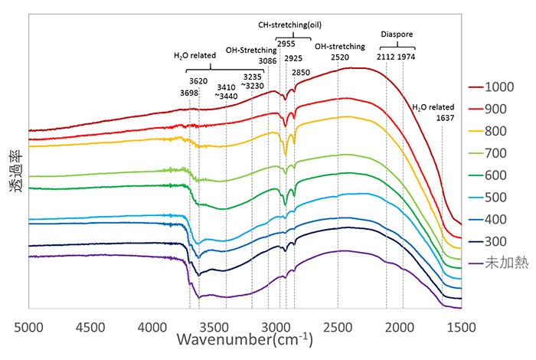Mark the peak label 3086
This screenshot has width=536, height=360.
[x=268, y=59]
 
